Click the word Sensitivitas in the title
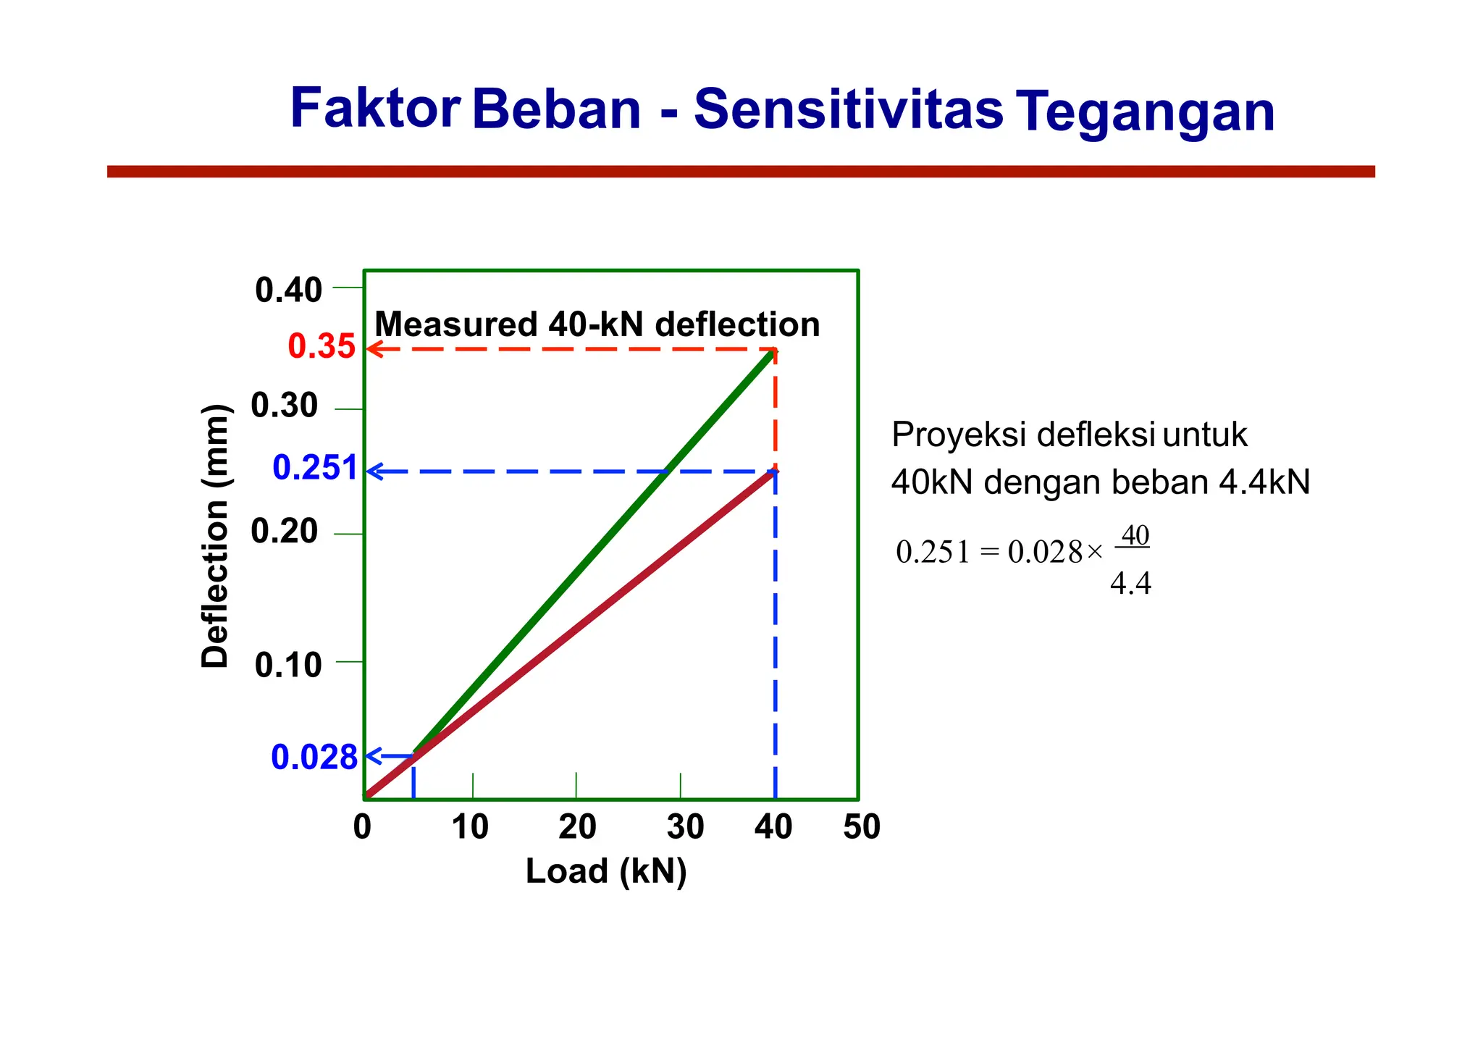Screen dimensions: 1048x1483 [x=848, y=110]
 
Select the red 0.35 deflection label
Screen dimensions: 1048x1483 [x=322, y=346]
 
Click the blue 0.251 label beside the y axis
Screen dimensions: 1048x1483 [x=314, y=468]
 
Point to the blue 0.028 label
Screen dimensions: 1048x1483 [x=314, y=758]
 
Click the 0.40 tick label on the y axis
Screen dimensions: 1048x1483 [x=288, y=290]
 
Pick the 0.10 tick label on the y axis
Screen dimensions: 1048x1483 [x=288, y=665]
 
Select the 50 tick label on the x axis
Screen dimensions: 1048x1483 [x=861, y=826]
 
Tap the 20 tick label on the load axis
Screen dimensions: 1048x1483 [x=577, y=826]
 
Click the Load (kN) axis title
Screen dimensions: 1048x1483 [x=606, y=871]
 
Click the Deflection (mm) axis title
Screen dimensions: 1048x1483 [x=215, y=536]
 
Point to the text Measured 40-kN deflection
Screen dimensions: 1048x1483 [x=597, y=324]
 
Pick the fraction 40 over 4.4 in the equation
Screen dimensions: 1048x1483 [x=1132, y=559]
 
